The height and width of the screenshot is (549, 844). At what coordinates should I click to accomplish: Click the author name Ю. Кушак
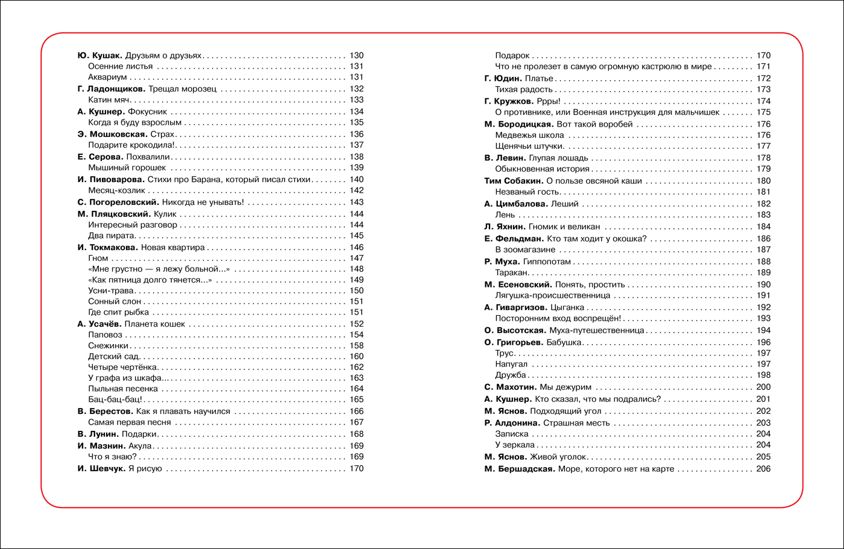(x=100, y=55)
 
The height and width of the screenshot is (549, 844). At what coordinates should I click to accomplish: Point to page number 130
(x=356, y=55)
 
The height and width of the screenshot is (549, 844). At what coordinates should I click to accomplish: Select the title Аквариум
(x=107, y=77)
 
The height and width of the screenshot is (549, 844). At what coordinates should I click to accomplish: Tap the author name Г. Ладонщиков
(x=111, y=89)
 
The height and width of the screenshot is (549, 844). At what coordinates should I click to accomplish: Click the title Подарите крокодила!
(x=131, y=145)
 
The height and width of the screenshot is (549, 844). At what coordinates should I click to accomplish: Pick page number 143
(x=356, y=202)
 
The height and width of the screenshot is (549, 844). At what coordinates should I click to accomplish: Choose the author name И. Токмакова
(x=108, y=247)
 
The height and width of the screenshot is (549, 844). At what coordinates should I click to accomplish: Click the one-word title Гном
(x=98, y=258)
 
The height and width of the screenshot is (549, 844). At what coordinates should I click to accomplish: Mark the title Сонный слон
(x=115, y=301)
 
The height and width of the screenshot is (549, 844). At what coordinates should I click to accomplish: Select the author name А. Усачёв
(x=99, y=324)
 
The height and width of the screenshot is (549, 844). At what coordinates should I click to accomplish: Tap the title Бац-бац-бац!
(x=115, y=400)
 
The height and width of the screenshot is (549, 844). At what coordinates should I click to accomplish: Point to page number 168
(x=356, y=434)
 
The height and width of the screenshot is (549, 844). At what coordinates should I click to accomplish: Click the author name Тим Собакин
(x=513, y=181)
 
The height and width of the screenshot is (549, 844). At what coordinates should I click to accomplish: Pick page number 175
(x=763, y=112)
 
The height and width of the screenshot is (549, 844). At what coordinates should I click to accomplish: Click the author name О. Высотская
(x=515, y=330)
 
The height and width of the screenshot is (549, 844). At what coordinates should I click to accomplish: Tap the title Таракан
(x=512, y=272)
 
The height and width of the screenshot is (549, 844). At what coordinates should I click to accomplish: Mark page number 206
(x=763, y=469)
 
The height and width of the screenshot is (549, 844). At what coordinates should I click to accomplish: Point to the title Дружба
(x=511, y=375)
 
